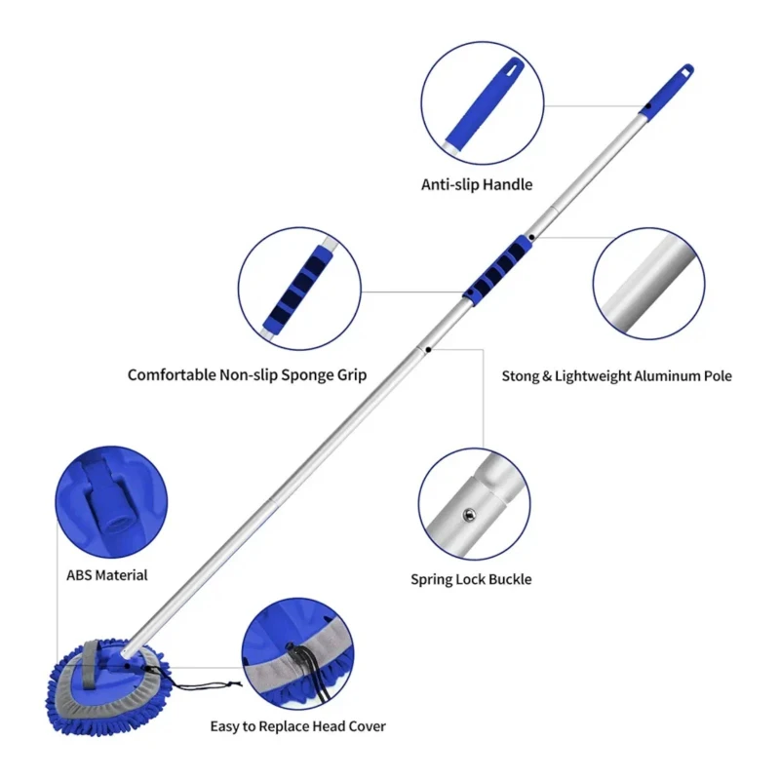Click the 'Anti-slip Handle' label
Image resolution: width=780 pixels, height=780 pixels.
pyautogui.click(x=477, y=183)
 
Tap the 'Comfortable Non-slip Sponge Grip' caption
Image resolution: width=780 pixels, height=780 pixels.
pyautogui.click(x=247, y=374)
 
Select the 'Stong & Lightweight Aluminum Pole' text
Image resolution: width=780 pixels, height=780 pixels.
pyautogui.click(x=616, y=375)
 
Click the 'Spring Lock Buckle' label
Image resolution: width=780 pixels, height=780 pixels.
pyautogui.click(x=471, y=579)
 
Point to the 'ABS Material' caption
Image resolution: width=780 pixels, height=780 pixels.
pyautogui.click(x=106, y=575)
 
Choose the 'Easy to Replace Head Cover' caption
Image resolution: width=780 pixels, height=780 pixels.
pyautogui.click(x=298, y=725)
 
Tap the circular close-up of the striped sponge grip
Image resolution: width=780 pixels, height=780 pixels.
pyautogui.click(x=299, y=290)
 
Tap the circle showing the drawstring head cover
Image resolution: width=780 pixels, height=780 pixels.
pyautogui.click(x=296, y=653)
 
